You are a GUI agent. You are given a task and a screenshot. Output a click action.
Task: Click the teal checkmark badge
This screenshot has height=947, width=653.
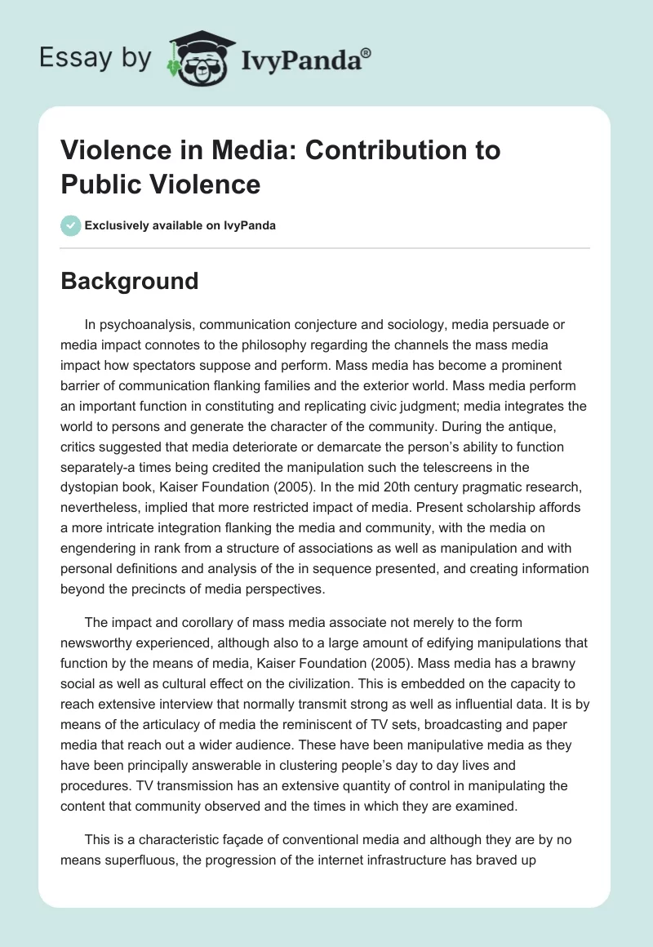(72, 225)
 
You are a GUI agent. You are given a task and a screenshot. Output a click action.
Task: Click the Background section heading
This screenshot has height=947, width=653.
(130, 281)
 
